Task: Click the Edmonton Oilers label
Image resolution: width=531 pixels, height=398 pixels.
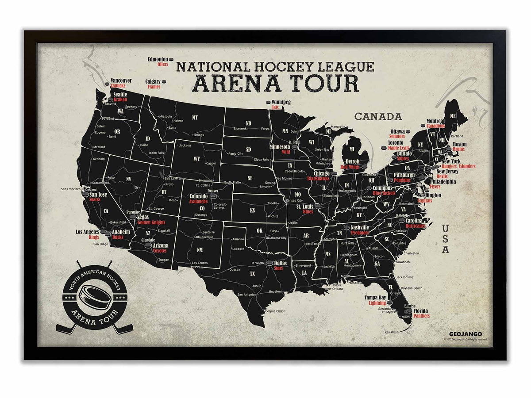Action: (x=158, y=61)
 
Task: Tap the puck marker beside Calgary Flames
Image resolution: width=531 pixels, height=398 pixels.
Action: (x=163, y=82)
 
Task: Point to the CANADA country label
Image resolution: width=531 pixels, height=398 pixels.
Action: (x=378, y=117)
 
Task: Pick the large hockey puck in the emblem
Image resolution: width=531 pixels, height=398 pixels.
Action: (x=94, y=296)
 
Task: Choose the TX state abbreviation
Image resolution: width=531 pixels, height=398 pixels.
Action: (x=252, y=274)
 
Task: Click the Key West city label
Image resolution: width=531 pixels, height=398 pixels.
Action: (x=391, y=332)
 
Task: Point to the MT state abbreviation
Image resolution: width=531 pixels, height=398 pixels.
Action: (x=195, y=118)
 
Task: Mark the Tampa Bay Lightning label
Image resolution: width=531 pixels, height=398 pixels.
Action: (x=375, y=300)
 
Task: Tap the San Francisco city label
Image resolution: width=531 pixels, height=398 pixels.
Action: (x=71, y=189)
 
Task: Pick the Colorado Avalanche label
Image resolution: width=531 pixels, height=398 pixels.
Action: (x=198, y=199)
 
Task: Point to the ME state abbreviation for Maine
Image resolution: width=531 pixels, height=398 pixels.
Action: (x=452, y=116)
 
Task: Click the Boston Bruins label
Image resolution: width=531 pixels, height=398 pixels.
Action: (x=459, y=147)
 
